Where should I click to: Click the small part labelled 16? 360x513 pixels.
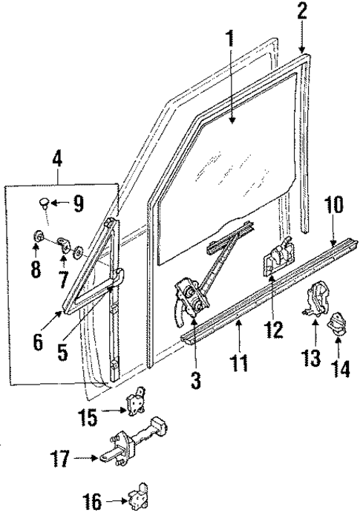[x=136, y=496]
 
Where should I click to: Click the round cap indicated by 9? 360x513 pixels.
[x=45, y=203]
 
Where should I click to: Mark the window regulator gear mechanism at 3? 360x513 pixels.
[x=191, y=295]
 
